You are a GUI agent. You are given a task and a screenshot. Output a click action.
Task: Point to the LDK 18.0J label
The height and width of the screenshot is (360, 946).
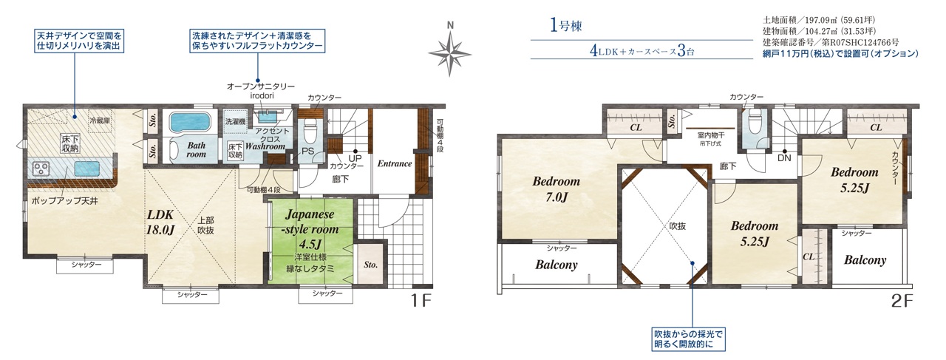(x=160, y=223)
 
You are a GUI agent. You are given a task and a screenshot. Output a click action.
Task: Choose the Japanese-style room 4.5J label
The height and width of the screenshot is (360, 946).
(x=311, y=228)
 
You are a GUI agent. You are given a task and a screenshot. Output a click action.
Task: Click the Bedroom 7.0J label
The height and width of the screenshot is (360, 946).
(x=557, y=189)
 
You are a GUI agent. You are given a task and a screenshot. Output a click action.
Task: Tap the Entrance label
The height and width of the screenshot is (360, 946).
(x=395, y=163)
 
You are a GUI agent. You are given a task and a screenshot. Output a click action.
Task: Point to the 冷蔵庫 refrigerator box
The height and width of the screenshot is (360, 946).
(x=100, y=121)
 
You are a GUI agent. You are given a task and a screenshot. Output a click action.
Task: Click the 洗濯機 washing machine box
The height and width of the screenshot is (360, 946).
(x=235, y=121)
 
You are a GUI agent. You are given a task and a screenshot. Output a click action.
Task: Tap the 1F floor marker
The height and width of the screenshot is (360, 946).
(x=421, y=300)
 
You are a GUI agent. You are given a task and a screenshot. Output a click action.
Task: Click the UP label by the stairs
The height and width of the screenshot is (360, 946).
(x=355, y=158)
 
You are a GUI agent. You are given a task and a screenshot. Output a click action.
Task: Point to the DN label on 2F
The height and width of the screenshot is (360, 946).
(x=784, y=158)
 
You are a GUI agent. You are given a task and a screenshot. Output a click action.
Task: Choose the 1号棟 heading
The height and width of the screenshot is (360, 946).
(x=566, y=25)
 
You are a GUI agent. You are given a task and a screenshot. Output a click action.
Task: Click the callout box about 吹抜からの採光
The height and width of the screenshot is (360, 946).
(x=688, y=339)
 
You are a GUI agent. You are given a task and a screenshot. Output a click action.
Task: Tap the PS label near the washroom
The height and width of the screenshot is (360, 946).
(x=308, y=151)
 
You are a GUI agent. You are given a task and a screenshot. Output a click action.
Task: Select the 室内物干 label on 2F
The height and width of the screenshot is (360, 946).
(x=711, y=135)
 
